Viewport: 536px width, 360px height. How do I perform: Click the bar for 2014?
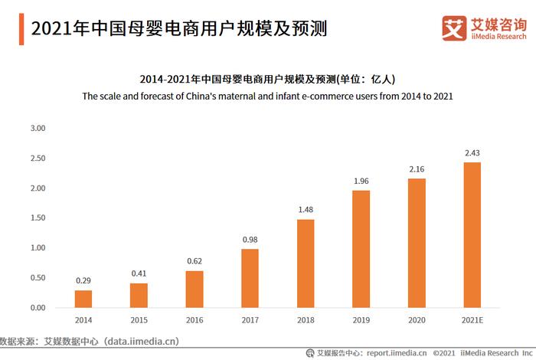pos(83,299)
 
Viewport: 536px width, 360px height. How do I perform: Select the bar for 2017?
pos(250,278)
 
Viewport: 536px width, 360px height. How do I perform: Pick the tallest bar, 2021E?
pos(472,235)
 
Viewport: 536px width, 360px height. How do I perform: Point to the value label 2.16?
pos(417,169)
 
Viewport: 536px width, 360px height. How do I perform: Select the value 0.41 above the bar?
pos(139,273)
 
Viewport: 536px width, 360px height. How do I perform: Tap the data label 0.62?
pos(194,261)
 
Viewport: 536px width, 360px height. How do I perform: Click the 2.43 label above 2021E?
pos(472,153)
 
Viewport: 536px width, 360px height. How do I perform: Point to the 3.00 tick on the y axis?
pos(38,128)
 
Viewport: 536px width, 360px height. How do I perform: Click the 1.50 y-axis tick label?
pos(38,218)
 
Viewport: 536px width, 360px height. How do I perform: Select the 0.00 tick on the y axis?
pos(38,308)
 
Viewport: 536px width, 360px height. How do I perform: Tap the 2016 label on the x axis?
pos(194,319)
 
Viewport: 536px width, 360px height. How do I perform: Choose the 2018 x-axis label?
pos(306,319)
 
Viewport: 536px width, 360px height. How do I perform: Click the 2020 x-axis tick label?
pos(417,319)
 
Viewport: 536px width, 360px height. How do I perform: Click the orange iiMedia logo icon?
pos(454,28)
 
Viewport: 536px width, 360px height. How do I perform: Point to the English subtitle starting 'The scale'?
pos(267,97)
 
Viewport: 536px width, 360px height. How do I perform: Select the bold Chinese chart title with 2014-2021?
pos(267,79)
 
